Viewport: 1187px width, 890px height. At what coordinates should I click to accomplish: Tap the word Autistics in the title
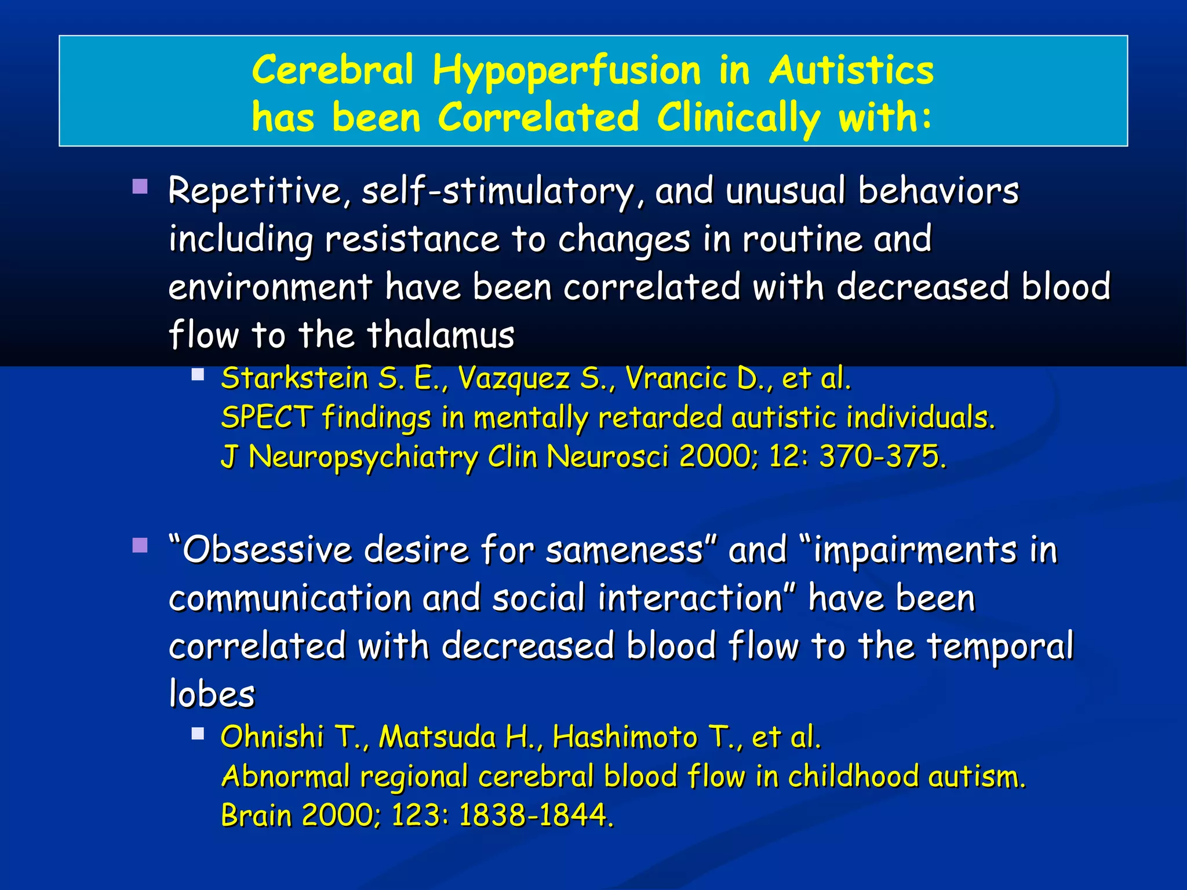tap(851, 71)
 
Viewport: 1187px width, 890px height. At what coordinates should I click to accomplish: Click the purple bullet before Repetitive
tap(140, 187)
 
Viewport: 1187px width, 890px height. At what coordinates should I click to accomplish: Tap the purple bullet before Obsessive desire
tap(140, 545)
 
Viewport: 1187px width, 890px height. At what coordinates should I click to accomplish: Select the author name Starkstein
tap(295, 379)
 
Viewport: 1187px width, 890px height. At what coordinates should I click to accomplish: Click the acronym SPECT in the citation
tap(267, 417)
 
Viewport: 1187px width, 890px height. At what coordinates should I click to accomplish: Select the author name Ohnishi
tap(272, 738)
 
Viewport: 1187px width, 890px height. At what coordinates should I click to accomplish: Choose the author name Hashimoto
tap(624, 738)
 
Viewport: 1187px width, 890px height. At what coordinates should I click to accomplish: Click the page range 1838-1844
tap(536, 815)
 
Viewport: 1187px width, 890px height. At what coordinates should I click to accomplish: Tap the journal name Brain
tap(257, 815)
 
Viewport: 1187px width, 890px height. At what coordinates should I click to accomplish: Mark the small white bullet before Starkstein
tap(198, 374)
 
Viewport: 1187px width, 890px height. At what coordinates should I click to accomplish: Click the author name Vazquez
tap(514, 379)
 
